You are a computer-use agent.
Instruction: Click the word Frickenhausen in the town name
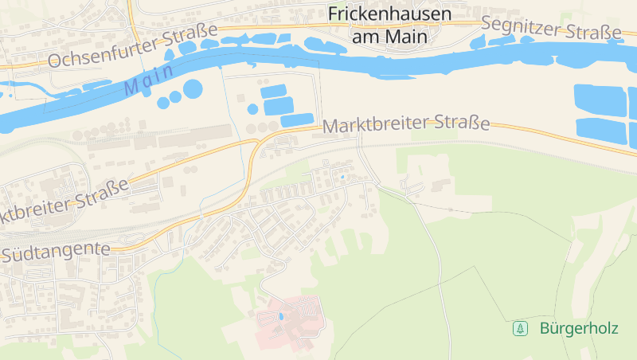click(x=389, y=14)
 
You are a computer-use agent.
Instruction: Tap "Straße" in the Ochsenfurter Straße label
click(x=191, y=37)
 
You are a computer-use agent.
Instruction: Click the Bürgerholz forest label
click(x=578, y=328)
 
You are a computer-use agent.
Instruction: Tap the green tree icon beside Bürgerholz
click(x=520, y=328)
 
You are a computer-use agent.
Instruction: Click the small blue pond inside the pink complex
click(x=279, y=317)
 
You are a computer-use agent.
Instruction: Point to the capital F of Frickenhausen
click(x=334, y=14)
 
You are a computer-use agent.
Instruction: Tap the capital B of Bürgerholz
click(x=545, y=328)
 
